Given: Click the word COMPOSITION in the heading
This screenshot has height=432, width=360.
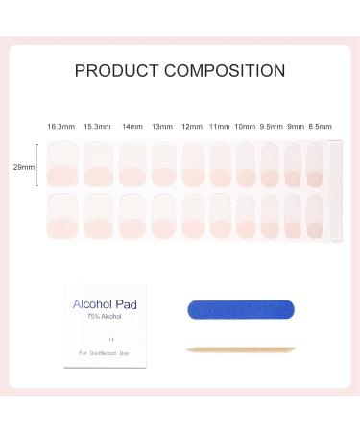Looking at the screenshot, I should point(226,70).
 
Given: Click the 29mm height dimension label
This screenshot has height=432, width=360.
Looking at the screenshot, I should point(27,167).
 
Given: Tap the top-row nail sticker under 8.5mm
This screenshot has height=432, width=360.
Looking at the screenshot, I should point(315,163).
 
